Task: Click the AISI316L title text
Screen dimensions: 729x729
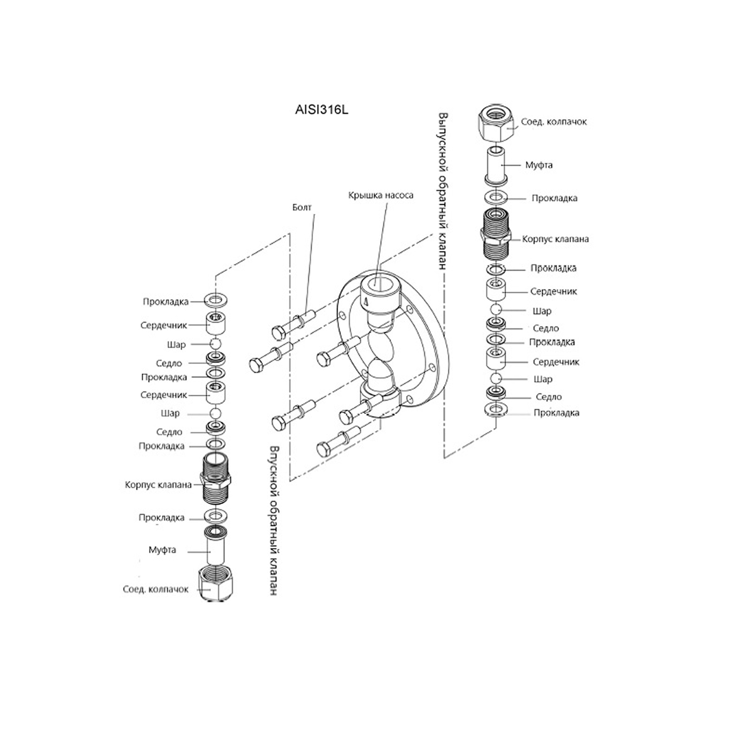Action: click(321, 110)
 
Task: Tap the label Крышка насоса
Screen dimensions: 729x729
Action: click(381, 195)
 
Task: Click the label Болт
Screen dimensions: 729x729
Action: click(302, 207)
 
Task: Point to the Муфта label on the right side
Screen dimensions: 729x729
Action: click(539, 165)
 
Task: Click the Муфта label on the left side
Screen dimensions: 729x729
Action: click(162, 550)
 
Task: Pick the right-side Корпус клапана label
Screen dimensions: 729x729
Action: click(556, 239)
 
